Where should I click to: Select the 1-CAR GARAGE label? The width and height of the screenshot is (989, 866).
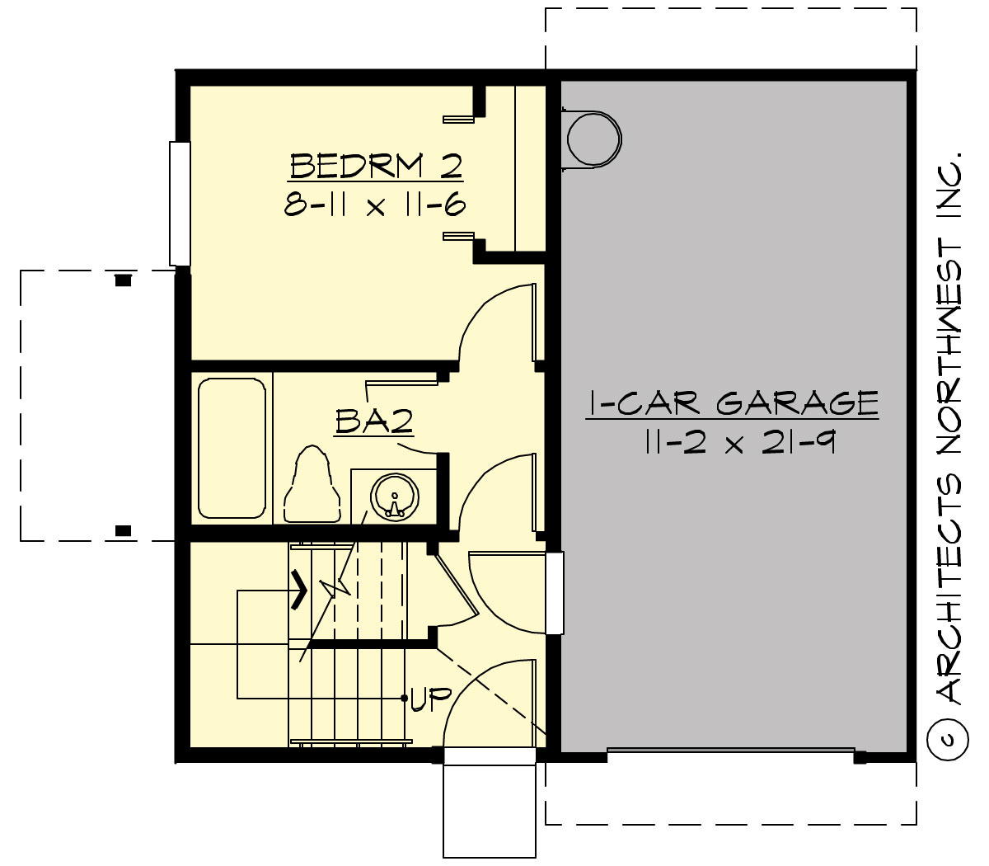coord(732,403)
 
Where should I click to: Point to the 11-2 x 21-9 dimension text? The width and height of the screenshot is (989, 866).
coord(732,444)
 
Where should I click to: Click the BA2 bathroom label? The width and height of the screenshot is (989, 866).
coord(374,421)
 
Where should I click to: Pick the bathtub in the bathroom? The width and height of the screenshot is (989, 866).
coord(232,448)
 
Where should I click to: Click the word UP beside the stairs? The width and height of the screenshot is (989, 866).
coord(430,699)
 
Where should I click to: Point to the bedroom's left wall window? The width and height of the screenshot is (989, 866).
coord(180,204)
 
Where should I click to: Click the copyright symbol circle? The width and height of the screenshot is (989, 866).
coord(947,739)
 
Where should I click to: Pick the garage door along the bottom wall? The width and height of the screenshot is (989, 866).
coord(731,751)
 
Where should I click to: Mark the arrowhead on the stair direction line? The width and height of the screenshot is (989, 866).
coord(301,591)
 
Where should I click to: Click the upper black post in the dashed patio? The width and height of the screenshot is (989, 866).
coord(123,280)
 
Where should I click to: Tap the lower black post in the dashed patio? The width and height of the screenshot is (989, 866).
coord(123,530)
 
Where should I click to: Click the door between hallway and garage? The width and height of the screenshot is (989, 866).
coord(555,593)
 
